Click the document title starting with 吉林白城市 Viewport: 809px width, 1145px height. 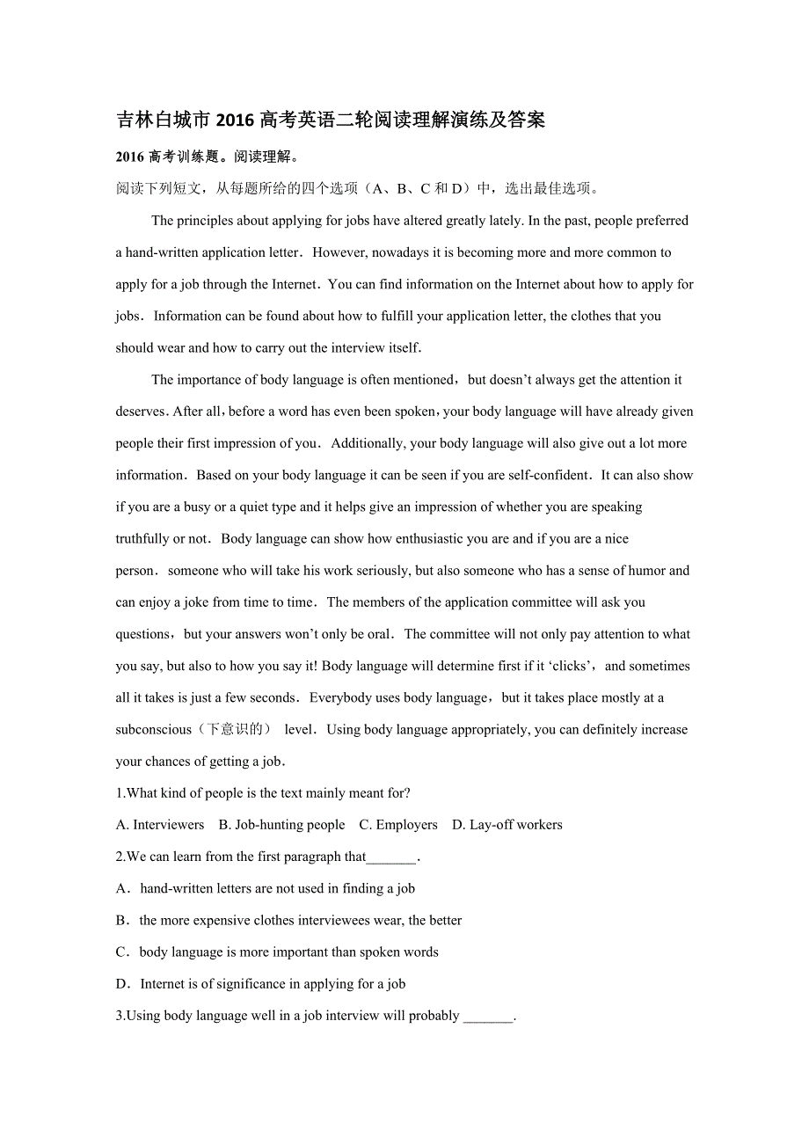(331, 120)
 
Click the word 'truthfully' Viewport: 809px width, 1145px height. (142, 538)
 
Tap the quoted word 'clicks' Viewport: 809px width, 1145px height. (568, 666)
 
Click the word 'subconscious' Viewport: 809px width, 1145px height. (153, 729)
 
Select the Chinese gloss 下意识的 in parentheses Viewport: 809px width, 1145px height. (237, 729)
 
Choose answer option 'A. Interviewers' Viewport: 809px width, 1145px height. (160, 825)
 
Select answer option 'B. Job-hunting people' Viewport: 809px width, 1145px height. (281, 825)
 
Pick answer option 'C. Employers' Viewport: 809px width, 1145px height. (397, 825)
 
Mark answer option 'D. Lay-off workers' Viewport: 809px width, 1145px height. (507, 825)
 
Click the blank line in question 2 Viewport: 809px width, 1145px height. (391, 858)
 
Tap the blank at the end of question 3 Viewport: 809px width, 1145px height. (488, 1017)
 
